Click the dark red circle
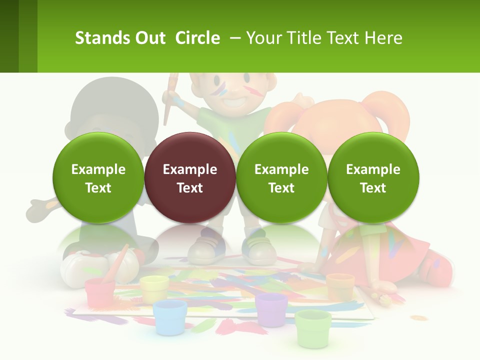pyautogui.click(x=190, y=177)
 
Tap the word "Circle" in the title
pyautogui.click(x=197, y=38)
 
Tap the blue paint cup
pyautogui.click(x=170, y=316)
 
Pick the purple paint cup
pyautogui.click(x=271, y=309)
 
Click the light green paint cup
pyautogui.click(x=313, y=327)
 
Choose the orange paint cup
pyautogui.click(x=340, y=286)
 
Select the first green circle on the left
pyautogui.click(x=98, y=177)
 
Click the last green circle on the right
pyautogui.click(x=373, y=177)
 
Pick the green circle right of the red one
pyautogui.click(x=281, y=177)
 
